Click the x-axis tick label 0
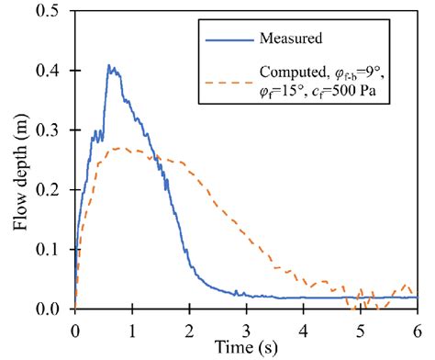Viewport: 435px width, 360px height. tap(74, 325)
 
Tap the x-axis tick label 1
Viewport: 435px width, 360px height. tap(131, 325)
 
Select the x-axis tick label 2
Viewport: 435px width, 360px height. tap(189, 325)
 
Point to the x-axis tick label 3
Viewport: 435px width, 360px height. tap(246, 325)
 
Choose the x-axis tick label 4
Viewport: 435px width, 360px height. tap(304, 325)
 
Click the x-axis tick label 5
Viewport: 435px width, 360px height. tap(361, 325)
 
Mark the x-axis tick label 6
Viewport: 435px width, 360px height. tap(418, 325)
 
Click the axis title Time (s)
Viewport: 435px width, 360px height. tap(246, 345)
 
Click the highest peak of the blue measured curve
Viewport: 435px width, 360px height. tap(109, 65)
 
